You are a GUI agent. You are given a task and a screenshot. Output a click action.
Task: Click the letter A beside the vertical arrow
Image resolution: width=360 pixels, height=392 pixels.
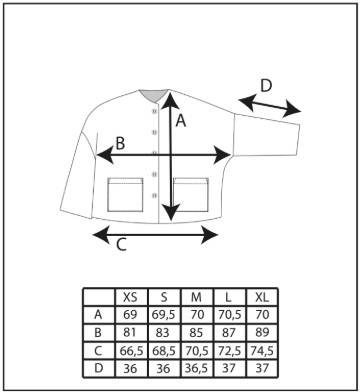pyautogui.click(x=180, y=120)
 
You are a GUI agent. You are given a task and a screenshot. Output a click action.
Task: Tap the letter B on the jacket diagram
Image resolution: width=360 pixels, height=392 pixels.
pyautogui.click(x=120, y=143)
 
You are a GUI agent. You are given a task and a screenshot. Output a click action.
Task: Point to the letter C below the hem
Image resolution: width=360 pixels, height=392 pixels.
pyautogui.click(x=121, y=245)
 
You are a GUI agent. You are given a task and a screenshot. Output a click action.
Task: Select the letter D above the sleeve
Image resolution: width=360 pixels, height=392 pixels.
pyautogui.click(x=266, y=86)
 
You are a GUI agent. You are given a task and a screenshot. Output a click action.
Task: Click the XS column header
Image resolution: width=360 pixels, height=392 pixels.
pyautogui.click(x=130, y=297)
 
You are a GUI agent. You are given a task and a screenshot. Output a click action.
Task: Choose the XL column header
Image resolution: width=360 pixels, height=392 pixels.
pyautogui.click(x=261, y=297)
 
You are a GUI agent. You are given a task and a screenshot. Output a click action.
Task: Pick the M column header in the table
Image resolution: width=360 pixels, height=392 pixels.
pyautogui.click(x=196, y=297)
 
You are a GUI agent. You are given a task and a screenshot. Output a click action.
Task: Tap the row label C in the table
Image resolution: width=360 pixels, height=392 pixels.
pyautogui.click(x=98, y=351)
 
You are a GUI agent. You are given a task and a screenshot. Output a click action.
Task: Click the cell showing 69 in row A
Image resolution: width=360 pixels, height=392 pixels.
pyautogui.click(x=130, y=314)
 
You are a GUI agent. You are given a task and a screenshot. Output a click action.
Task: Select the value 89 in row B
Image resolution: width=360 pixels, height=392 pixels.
pyautogui.click(x=262, y=332)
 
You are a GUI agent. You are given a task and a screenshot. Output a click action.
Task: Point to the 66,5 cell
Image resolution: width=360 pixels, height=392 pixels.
pyautogui.click(x=131, y=351)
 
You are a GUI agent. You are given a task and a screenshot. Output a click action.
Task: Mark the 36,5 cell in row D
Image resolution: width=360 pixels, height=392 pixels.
pyautogui.click(x=196, y=368)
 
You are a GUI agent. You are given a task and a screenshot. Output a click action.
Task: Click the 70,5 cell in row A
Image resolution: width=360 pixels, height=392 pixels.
pyautogui.click(x=229, y=314)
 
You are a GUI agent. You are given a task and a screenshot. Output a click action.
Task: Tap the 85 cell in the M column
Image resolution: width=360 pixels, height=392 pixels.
pyautogui.click(x=196, y=332)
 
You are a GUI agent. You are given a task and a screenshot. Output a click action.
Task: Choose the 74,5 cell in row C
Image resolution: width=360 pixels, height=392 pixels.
pyautogui.click(x=262, y=351)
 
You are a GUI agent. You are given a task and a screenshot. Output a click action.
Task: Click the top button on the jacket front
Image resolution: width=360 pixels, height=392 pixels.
pyautogui.click(x=154, y=111)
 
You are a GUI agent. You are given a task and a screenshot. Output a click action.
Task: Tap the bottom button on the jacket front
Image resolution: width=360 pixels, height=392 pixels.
pyautogui.click(x=154, y=195)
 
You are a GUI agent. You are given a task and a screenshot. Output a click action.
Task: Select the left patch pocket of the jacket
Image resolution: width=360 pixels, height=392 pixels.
pyautogui.click(x=125, y=195)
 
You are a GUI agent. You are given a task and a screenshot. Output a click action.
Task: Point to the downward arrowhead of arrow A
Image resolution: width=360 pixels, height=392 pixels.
pyautogui.click(x=171, y=213)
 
